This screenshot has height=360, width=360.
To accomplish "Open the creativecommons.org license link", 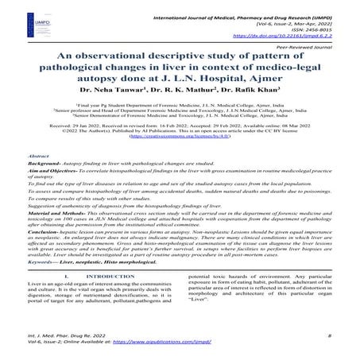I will tap(179, 137).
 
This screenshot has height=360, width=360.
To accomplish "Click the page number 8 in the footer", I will tap(328, 338).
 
